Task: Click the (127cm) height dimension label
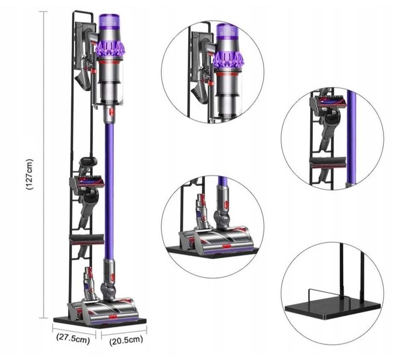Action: coord(30,174)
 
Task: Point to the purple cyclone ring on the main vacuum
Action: coord(110,49)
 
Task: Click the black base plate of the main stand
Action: coord(98,323)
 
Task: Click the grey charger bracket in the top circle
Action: coord(198,52)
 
